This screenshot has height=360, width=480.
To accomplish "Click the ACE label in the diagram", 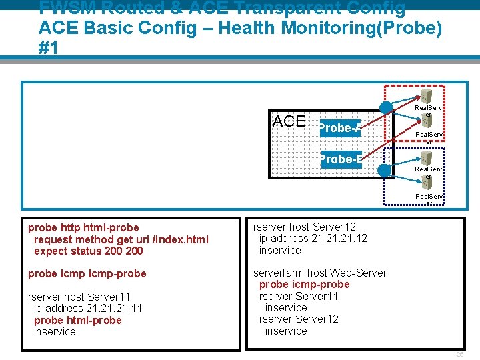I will click(x=289, y=121).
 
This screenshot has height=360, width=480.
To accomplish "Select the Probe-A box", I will click(x=340, y=128).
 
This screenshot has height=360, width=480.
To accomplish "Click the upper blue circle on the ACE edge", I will click(x=386, y=108).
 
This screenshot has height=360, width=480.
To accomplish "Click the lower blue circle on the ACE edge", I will click(x=385, y=171).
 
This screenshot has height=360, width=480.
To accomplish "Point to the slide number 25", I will click(x=459, y=354).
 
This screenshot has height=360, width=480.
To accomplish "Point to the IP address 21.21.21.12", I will click(x=339, y=239).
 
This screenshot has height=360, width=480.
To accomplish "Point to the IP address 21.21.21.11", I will click(x=114, y=308).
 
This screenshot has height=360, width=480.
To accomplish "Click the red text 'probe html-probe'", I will click(x=77, y=320).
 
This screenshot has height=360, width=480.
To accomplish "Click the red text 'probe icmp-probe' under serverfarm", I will click(x=304, y=285).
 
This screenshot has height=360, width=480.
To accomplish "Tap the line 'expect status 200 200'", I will click(x=88, y=251).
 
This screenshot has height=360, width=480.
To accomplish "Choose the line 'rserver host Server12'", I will click(x=305, y=227).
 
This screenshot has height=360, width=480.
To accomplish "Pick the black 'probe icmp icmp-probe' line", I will click(x=87, y=273).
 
